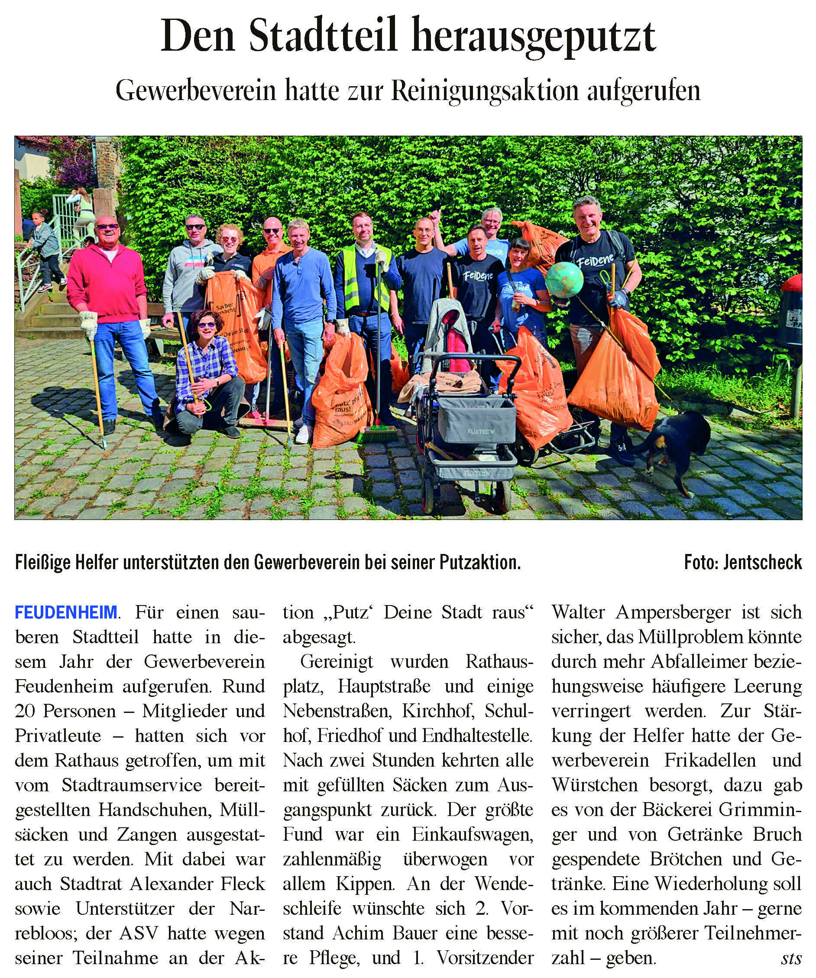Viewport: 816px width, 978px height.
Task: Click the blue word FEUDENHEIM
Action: pyautogui.click(x=66, y=612)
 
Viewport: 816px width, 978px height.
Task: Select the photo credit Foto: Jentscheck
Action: pyautogui.click(x=742, y=563)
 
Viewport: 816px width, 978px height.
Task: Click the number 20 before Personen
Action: pyautogui.click(x=25, y=711)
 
